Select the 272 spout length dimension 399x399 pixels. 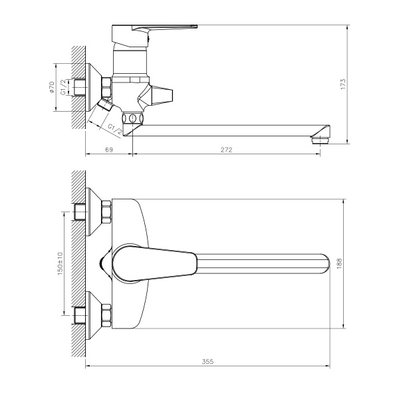225,150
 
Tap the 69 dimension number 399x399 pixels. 110,150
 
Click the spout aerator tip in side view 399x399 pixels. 320,140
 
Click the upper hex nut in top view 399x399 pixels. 105,213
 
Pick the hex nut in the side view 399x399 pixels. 105,87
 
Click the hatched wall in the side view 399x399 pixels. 78,86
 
